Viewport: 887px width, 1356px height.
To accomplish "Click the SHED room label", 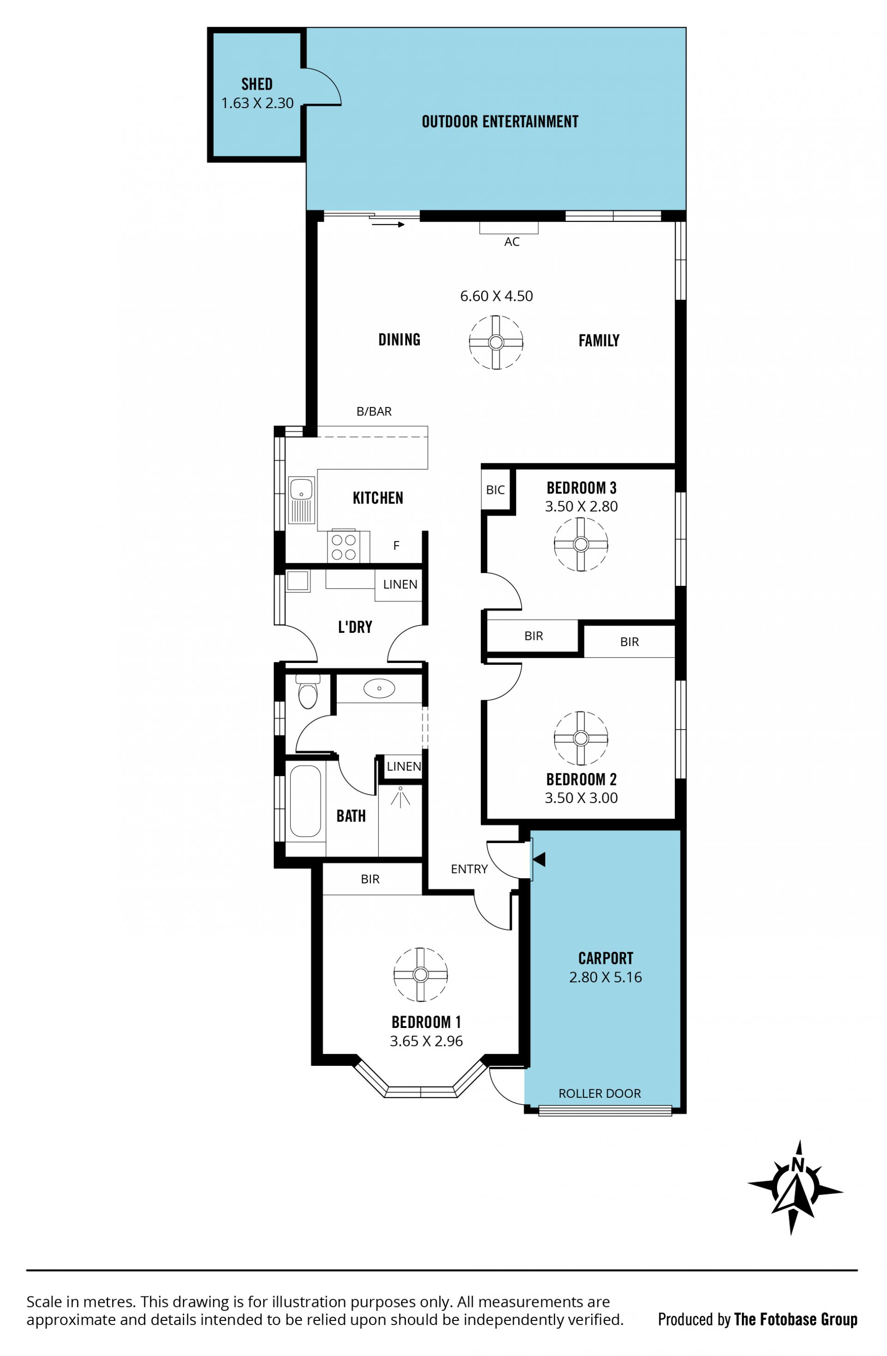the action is tap(257, 85).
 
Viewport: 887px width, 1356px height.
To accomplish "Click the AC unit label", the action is tap(511, 242).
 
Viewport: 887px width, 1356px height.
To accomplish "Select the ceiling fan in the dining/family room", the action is tap(496, 342).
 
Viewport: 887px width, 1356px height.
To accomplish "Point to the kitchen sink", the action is tap(301, 500).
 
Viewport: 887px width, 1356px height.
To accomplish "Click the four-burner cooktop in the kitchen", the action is tap(344, 547).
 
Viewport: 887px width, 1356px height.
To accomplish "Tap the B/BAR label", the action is tap(374, 411).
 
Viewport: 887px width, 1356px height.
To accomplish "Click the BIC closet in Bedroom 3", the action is tap(496, 489).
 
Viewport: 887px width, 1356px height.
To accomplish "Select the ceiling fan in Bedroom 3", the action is tap(581, 544).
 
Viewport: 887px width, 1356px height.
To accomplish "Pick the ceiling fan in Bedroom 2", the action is tap(581, 738).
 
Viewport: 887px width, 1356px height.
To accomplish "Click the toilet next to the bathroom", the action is tap(308, 692).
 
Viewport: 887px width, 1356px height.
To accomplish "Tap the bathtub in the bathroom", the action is tap(305, 801).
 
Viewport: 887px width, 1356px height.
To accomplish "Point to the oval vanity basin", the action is tap(379, 688).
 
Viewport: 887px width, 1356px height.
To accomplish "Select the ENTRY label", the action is tap(469, 869).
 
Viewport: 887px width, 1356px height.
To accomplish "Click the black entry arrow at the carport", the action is tap(539, 859).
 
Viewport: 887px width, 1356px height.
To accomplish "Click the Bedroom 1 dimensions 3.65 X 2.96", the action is tap(426, 1041).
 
